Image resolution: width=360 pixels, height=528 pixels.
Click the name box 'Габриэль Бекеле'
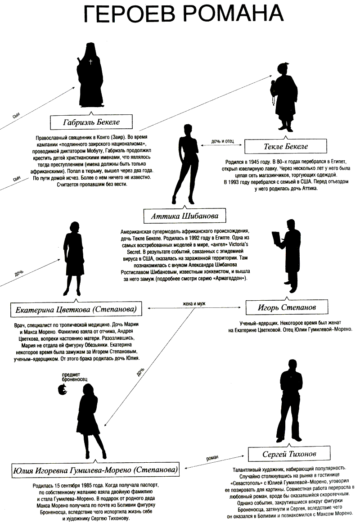point(91,122)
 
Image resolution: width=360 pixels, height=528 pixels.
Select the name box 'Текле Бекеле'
point(286,146)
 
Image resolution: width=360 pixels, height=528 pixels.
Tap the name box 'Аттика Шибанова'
point(184,216)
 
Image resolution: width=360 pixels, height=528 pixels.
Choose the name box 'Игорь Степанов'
point(287,307)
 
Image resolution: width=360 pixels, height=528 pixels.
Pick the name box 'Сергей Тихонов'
point(289,454)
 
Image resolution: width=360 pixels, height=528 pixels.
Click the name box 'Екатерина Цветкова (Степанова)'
point(76,309)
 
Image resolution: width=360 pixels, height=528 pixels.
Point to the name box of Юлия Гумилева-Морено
point(94,470)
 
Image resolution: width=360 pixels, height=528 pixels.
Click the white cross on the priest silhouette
point(90,62)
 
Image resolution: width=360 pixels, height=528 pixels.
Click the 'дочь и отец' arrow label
point(222,141)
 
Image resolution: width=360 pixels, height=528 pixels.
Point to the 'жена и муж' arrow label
point(194,304)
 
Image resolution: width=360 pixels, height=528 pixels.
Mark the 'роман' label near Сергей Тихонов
point(212,458)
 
